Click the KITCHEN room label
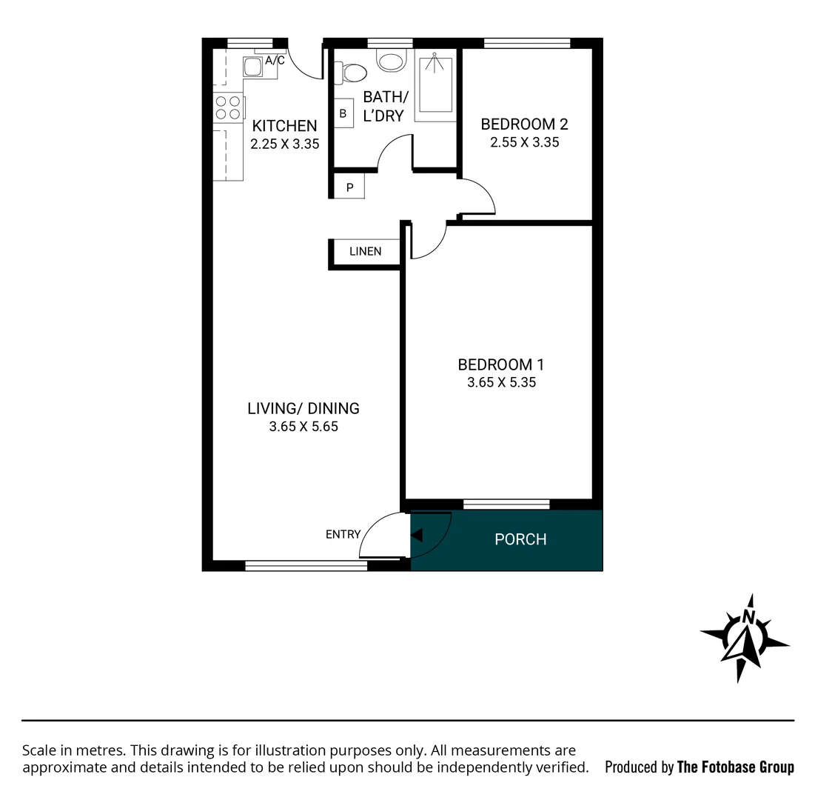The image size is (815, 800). tap(284, 126)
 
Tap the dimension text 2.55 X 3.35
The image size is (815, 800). tap(524, 142)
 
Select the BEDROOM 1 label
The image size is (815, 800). tap(500, 364)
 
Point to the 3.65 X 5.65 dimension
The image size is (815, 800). tap(303, 427)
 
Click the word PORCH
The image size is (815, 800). tap(520, 539)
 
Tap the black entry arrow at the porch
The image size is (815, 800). tap(417, 535)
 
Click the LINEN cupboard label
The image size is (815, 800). tap(365, 251)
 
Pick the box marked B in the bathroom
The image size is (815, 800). tap(343, 113)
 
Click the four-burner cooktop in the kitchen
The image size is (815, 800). tap(228, 108)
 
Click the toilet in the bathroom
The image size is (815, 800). tap(352, 73)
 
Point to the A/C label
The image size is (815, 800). tap(275, 61)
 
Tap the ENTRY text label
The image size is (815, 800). tap(343, 534)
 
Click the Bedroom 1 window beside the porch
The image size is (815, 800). tap(506, 504)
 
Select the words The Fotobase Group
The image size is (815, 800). tap(735, 767)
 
